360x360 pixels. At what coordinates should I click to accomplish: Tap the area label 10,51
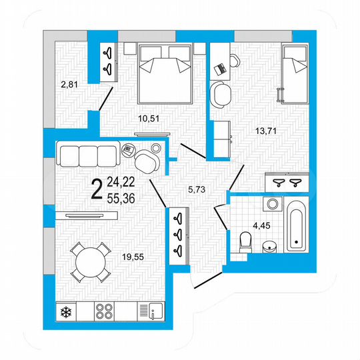coord(148,119)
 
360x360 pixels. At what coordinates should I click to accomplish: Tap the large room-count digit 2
coord(97,189)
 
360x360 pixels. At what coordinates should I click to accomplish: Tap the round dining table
coord(88,262)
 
